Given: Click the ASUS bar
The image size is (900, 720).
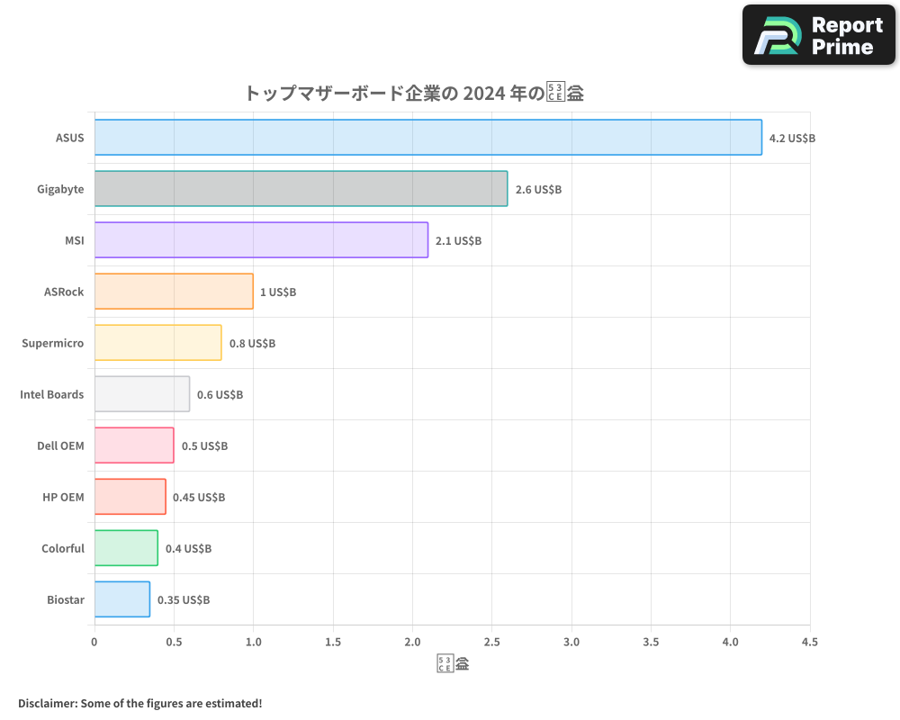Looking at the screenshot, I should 427,138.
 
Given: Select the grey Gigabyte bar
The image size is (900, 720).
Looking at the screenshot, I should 301,189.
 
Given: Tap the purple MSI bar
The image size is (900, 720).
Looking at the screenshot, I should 261,240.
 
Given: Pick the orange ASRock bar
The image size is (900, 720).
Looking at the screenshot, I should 174,292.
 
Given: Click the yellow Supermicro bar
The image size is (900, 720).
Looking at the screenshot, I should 157,343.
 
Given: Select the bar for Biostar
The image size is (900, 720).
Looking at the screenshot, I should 122,599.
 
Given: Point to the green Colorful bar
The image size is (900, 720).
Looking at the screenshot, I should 126,548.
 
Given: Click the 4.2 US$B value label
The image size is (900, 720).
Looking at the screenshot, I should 792,139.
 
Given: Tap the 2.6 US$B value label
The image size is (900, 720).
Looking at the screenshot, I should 538,190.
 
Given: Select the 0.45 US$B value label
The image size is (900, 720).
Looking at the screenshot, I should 199,498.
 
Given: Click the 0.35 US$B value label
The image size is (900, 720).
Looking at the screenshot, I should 184,600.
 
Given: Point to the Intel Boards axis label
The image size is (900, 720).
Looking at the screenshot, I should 51,394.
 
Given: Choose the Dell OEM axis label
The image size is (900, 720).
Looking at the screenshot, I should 60,445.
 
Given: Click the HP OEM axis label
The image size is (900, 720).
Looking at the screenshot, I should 63,497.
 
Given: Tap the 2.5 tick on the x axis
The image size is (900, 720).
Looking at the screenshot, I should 491,643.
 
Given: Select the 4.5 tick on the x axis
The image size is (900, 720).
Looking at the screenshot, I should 809,643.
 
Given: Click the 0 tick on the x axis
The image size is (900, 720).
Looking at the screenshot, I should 94,643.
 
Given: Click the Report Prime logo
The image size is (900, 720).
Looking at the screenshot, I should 819,35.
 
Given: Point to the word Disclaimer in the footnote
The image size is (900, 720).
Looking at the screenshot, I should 46,703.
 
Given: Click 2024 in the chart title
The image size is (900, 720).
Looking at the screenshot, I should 482,93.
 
